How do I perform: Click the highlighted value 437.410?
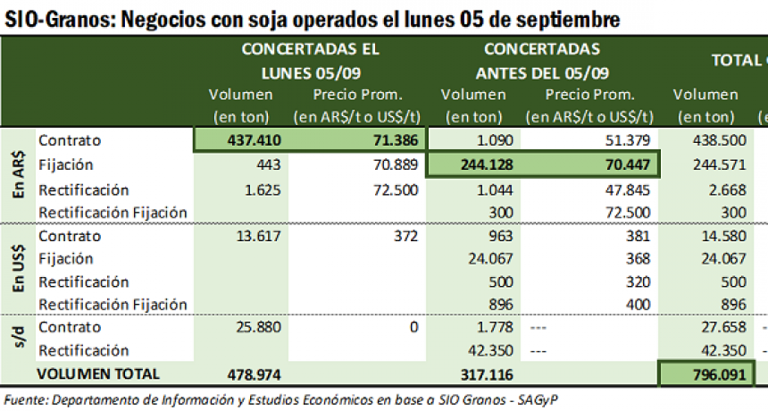253,140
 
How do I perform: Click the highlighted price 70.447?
624,165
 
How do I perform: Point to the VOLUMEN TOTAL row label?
98,374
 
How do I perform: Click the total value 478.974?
253,374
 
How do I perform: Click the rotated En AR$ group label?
17,174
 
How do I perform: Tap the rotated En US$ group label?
17,269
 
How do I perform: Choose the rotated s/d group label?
17,339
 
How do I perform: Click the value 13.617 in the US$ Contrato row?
259,237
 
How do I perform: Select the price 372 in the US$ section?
405,237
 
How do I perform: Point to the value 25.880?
259,328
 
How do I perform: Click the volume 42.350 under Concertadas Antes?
489,350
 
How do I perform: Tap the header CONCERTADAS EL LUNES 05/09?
310,60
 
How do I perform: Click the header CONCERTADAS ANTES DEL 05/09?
542,60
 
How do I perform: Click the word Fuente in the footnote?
28,399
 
